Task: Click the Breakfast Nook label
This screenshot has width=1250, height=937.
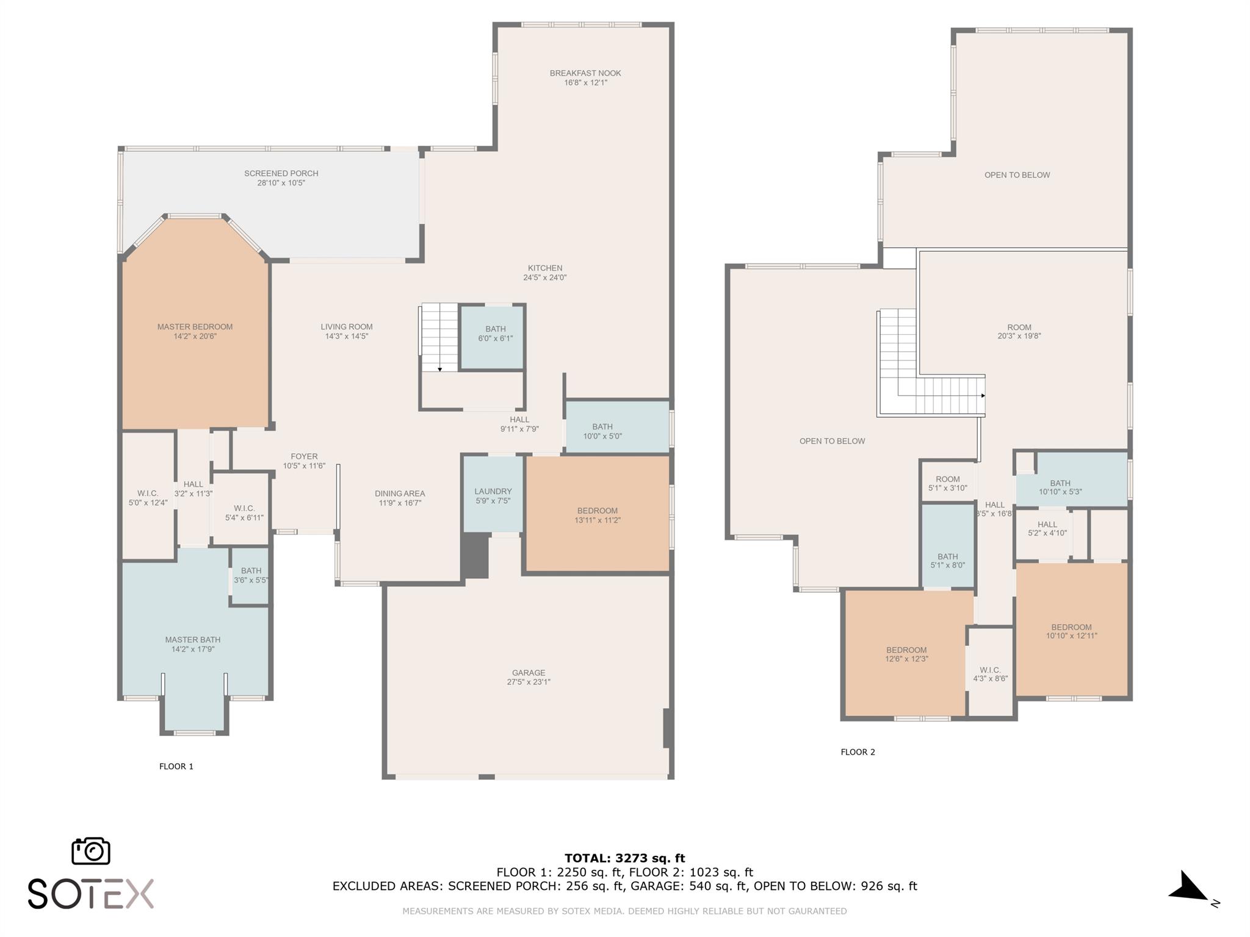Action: (585, 73)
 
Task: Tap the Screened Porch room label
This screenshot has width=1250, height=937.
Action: (281, 174)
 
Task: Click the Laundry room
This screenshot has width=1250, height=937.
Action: (493, 494)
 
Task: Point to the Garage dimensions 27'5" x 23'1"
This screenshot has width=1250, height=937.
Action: (529, 682)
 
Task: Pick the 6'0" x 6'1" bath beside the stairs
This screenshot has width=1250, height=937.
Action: (492, 337)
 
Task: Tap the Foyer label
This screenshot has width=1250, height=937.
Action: (304, 456)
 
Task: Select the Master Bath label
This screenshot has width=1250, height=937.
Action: (193, 640)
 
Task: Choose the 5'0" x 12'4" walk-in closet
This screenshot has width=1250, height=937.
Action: (148, 495)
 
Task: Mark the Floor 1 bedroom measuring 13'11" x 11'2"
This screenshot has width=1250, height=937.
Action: (598, 514)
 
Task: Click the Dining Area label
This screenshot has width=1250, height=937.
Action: (400, 494)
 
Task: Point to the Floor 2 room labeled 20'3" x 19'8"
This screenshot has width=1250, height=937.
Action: (1019, 331)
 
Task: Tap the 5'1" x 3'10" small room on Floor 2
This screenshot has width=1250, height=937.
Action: (947, 482)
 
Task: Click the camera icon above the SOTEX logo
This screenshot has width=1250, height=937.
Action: (91, 850)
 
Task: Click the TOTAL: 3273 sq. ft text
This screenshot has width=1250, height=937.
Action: (624, 858)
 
